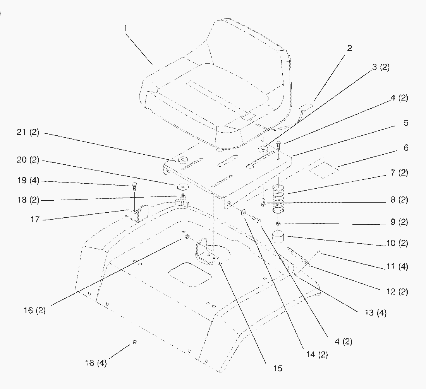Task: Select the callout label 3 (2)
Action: [x=380, y=67]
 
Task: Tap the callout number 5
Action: [x=406, y=123]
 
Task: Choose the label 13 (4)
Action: [x=375, y=312]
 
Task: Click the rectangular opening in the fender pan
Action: [x=189, y=275]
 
